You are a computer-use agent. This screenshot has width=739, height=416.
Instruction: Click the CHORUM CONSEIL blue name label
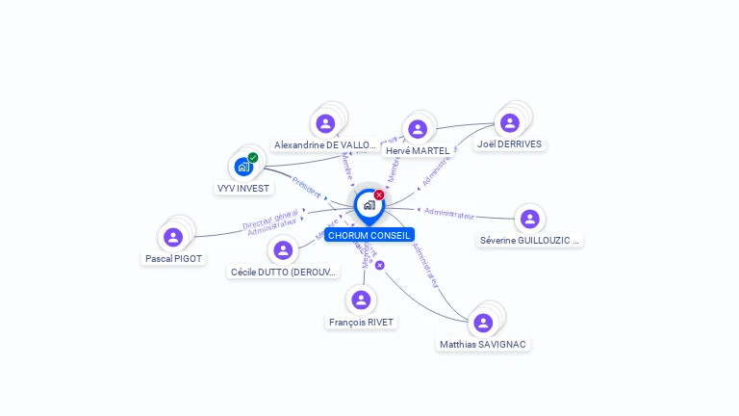click(x=369, y=235)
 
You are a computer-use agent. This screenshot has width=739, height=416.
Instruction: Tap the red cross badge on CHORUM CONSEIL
click(x=379, y=195)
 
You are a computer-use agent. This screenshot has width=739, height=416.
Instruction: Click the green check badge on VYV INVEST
click(x=253, y=158)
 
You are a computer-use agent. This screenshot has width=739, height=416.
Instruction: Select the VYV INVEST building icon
click(x=243, y=167)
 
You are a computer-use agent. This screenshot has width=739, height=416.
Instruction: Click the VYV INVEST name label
click(x=243, y=188)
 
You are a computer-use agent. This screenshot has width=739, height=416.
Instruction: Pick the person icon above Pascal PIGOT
click(x=173, y=237)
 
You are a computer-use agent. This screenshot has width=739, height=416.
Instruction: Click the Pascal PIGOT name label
click(x=173, y=258)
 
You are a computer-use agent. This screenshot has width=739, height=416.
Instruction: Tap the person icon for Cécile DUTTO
click(x=283, y=250)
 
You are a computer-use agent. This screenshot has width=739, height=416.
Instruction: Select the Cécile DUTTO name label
click(x=284, y=272)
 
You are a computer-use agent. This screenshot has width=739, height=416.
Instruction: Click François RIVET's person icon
click(x=361, y=300)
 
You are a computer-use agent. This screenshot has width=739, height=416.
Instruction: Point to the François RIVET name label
click(x=361, y=322)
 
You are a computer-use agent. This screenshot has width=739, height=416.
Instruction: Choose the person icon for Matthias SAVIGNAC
click(x=483, y=323)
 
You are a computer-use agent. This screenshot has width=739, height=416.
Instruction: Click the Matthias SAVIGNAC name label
click(x=483, y=344)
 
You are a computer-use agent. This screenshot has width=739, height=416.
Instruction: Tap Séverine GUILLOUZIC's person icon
click(x=529, y=219)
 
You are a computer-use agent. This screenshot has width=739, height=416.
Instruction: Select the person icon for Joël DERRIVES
click(x=509, y=122)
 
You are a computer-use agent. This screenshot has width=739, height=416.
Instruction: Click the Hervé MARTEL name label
click(x=417, y=150)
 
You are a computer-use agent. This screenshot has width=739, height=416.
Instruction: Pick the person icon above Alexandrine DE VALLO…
click(x=325, y=123)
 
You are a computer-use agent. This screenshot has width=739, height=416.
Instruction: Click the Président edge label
click(x=305, y=187)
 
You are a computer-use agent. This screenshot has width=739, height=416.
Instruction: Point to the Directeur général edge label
click(x=270, y=221)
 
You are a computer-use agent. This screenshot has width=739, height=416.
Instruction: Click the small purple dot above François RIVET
click(x=380, y=265)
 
